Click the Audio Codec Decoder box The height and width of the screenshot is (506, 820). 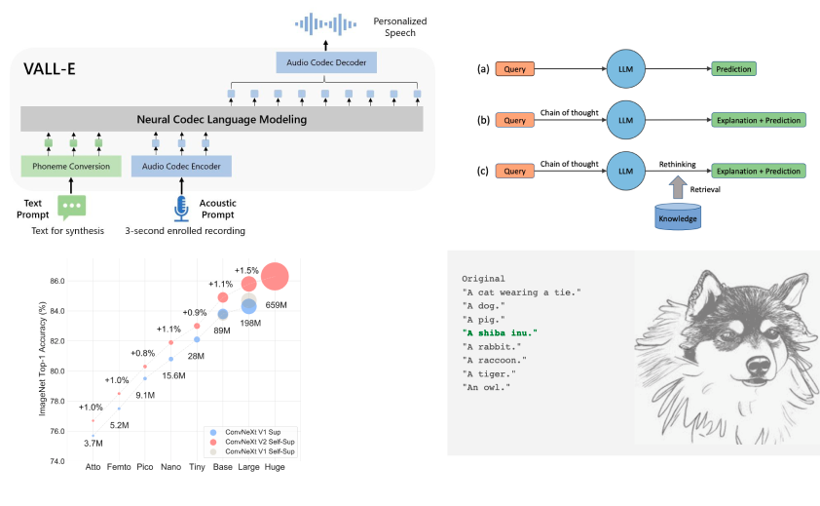[x=325, y=62]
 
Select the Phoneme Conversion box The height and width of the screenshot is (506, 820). [x=70, y=167]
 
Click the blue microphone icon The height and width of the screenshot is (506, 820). [x=181, y=207]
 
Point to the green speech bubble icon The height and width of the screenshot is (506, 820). [x=72, y=207]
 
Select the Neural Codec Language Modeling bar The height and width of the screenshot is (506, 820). [x=222, y=119]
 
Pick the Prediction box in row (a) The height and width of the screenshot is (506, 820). [x=731, y=69]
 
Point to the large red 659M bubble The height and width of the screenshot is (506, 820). [x=275, y=277]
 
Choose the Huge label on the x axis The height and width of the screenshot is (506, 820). [x=275, y=466]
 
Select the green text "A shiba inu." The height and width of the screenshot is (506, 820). [x=500, y=333]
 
